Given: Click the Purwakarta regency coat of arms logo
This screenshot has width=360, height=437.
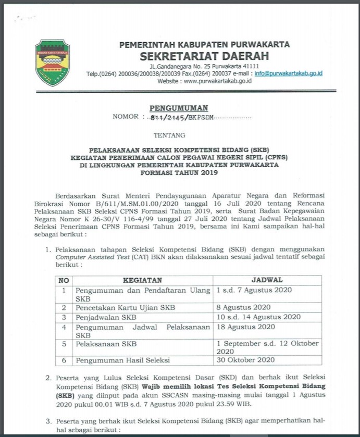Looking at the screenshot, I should [x=52, y=63].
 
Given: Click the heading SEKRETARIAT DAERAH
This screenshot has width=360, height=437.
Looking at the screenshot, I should [x=204, y=56].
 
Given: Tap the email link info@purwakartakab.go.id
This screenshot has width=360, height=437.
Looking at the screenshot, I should [x=288, y=73].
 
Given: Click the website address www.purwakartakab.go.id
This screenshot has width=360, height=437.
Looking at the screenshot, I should [x=218, y=81].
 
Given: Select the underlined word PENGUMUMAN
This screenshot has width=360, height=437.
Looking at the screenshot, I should [x=179, y=108].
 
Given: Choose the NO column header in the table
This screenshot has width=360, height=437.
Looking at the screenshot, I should [x=64, y=280].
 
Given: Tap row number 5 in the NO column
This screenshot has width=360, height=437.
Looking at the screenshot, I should [x=64, y=344].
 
